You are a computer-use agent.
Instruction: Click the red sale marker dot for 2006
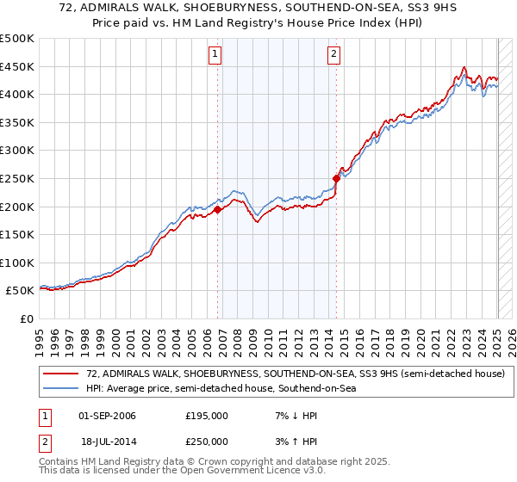(218, 209)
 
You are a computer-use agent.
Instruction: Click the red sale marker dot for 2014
(336, 178)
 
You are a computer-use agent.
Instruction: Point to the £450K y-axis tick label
(17, 66)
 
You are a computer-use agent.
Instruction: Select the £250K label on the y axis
(17, 178)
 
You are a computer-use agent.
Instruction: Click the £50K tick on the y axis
(20, 291)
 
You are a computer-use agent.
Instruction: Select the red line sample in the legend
(61, 374)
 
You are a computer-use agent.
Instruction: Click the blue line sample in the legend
(61, 389)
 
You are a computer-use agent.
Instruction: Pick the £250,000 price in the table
(207, 441)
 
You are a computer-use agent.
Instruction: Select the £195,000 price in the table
(207, 416)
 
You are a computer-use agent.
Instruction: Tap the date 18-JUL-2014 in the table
(107, 441)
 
